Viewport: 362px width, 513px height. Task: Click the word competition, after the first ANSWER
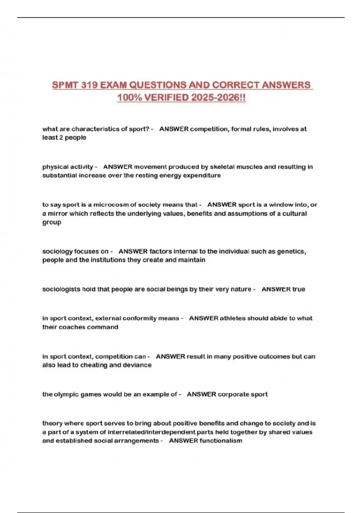coord(209,129)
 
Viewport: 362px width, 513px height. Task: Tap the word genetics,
coord(291,251)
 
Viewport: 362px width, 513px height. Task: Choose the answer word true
coord(299,289)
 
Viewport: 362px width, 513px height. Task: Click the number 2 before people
coord(61,138)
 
